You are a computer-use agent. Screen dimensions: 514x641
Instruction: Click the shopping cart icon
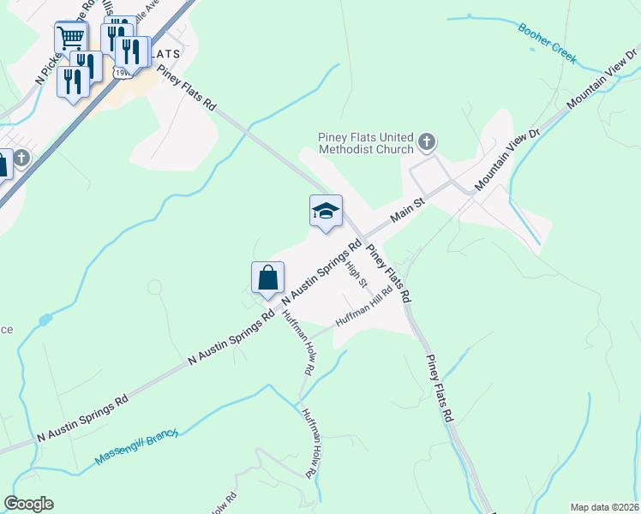[70, 37]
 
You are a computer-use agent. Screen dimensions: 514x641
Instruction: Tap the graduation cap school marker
[326, 212]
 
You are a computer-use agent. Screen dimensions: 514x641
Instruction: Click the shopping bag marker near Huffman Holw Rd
[267, 278]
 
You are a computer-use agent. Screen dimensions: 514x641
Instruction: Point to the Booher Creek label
[548, 44]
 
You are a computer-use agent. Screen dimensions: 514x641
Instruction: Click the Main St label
[409, 209]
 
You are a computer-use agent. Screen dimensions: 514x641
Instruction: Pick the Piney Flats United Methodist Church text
[366, 142]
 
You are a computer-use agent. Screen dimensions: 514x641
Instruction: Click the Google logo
[28, 504]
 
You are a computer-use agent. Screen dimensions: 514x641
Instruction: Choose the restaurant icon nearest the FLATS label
[134, 51]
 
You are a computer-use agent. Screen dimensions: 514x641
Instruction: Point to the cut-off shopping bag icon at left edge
[3, 165]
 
